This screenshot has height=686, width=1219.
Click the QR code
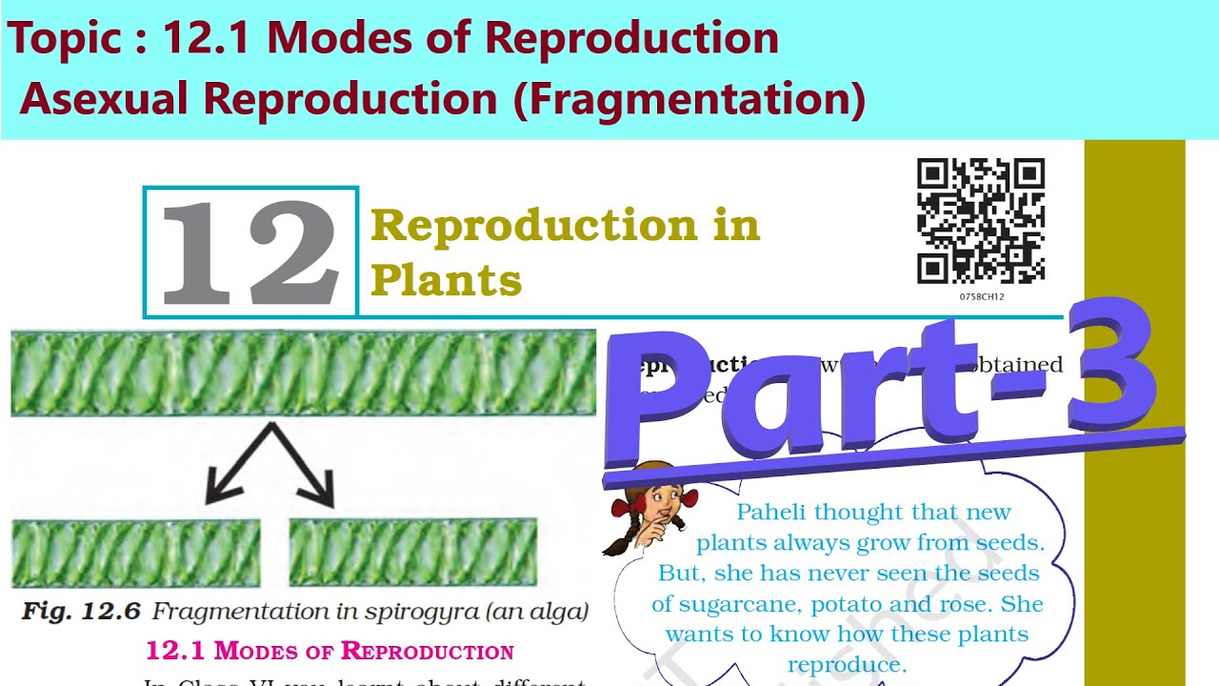981,221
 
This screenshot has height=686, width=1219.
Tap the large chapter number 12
250,253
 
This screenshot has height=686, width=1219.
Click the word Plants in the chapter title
447,280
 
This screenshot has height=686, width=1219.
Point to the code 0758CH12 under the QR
982,297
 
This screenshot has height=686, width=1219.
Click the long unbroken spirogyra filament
303,373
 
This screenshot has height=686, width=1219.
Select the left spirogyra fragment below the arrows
135,553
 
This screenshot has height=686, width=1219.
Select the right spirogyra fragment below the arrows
412,553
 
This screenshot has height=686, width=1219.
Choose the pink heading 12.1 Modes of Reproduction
329,652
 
